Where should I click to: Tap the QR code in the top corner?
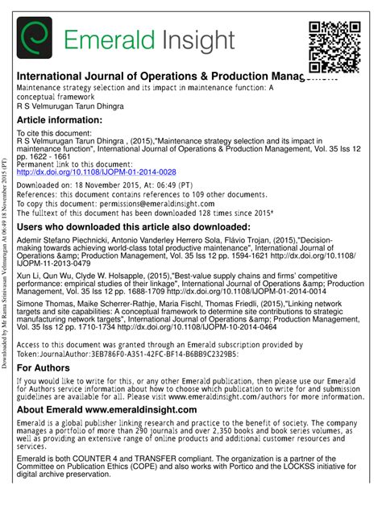pyautogui.click(x=332, y=44)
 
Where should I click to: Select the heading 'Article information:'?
pyautogui.click(x=60, y=120)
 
